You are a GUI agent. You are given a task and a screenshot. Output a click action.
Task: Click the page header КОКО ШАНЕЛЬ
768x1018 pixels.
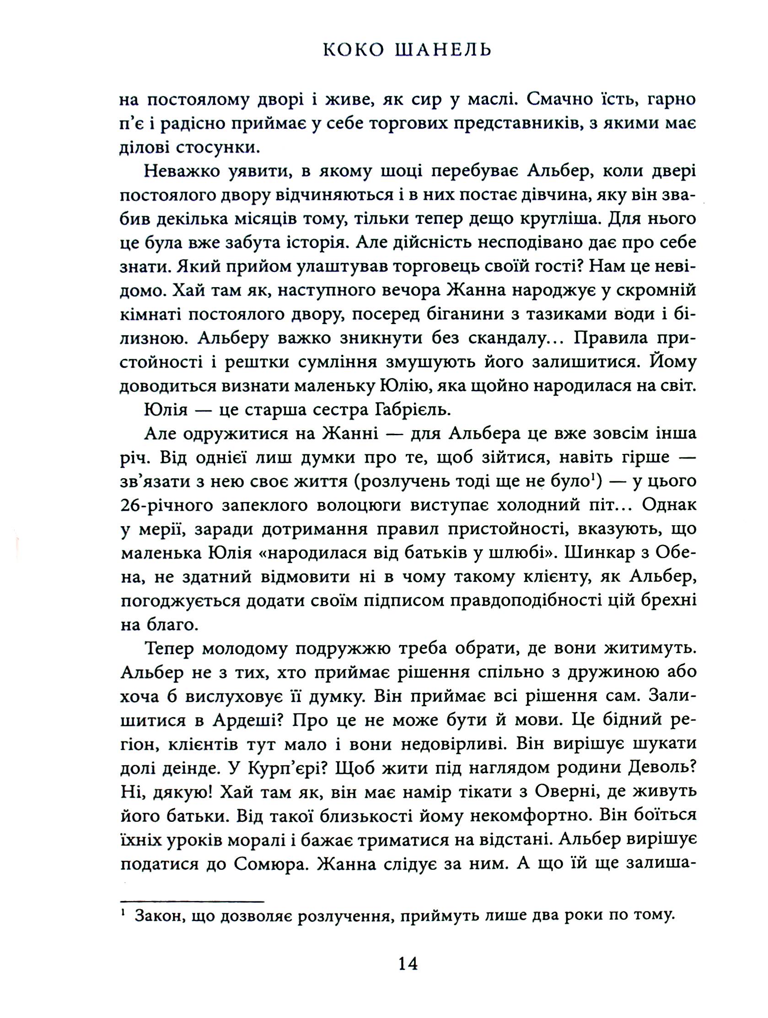[407, 49]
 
